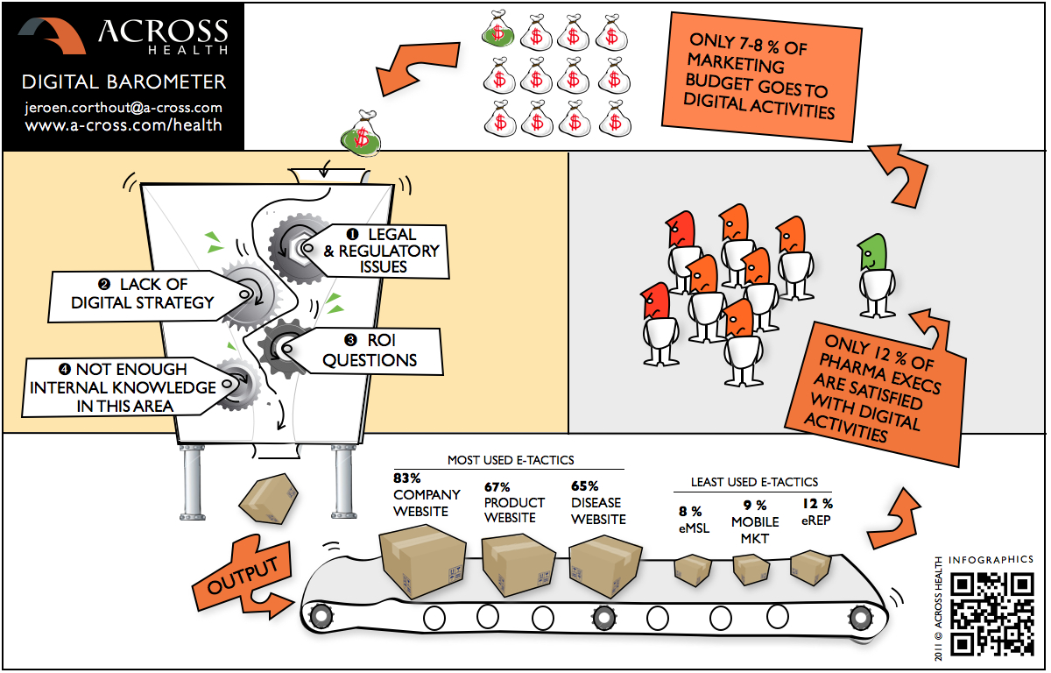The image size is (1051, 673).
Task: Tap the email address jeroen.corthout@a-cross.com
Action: (x=123, y=108)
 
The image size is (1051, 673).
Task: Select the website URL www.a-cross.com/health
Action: (x=123, y=125)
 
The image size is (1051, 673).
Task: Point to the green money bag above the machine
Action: (x=361, y=133)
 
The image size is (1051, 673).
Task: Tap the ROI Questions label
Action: (x=368, y=351)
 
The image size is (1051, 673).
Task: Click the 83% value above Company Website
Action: (x=407, y=478)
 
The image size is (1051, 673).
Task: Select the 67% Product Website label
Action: (x=514, y=502)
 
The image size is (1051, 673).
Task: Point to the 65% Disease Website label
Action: (x=598, y=502)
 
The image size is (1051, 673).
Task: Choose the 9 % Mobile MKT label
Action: (x=755, y=521)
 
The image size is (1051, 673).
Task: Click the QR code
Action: (x=992, y=613)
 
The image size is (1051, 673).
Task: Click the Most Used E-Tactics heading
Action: (x=511, y=459)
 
